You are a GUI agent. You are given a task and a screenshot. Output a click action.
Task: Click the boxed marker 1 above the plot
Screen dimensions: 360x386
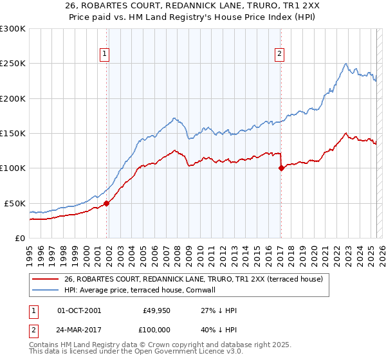(105, 55)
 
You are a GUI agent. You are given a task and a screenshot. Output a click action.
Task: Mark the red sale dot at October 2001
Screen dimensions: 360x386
(107, 203)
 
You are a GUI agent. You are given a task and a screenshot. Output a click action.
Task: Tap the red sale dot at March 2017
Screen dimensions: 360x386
(281, 168)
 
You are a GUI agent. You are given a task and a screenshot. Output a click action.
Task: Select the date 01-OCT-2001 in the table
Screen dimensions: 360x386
(79, 310)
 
